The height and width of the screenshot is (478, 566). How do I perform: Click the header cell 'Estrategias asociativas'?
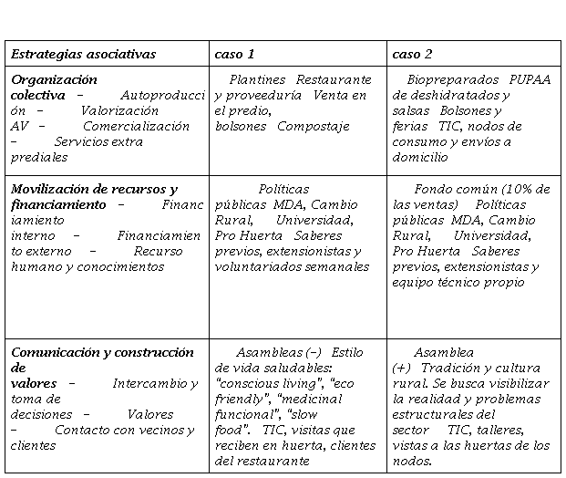(x=83, y=55)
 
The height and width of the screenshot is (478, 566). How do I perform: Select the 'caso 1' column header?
(x=234, y=55)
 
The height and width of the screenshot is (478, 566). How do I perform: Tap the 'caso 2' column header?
(x=412, y=55)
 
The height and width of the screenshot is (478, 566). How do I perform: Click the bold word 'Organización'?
(x=54, y=80)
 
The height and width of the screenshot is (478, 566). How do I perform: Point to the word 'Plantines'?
(x=257, y=80)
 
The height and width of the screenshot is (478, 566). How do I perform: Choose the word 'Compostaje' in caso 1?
(x=314, y=127)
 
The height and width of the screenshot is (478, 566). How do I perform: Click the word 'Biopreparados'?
(x=453, y=80)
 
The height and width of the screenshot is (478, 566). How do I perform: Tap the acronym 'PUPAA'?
(x=530, y=80)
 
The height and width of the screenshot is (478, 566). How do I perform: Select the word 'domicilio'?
(x=420, y=158)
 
